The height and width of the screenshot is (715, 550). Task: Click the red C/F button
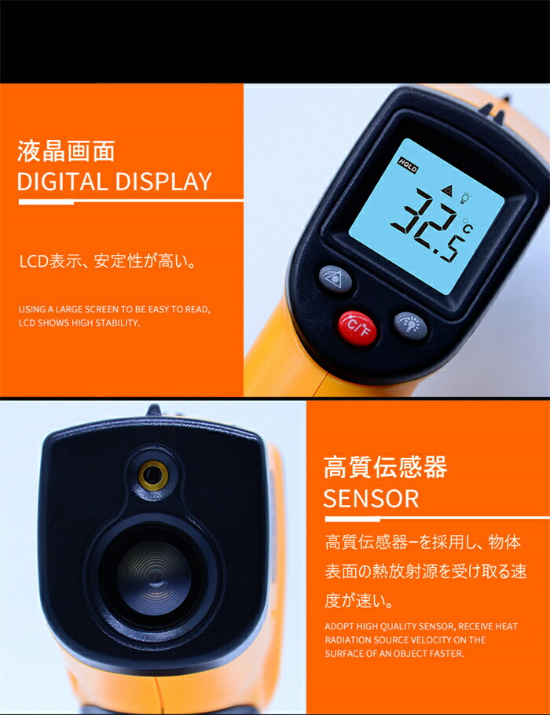tap(357, 328)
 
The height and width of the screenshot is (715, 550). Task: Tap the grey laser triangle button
tap(335, 279)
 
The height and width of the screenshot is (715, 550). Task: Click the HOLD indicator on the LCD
tap(407, 165)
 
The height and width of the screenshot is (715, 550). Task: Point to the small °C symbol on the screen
tap(467, 225)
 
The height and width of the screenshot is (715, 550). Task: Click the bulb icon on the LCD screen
tap(465, 197)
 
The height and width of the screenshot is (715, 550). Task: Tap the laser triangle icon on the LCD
tap(449, 190)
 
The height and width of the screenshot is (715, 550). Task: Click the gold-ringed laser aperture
tap(153, 476)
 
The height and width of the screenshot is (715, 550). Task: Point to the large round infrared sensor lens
tap(153, 577)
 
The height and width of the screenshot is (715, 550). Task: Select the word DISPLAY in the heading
tap(163, 182)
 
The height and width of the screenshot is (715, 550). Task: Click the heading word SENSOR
tap(371, 499)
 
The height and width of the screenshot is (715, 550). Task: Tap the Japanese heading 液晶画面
tap(66, 151)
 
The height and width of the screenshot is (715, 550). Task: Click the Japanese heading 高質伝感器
tap(386, 467)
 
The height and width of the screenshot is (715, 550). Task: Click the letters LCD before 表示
tap(34, 262)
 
